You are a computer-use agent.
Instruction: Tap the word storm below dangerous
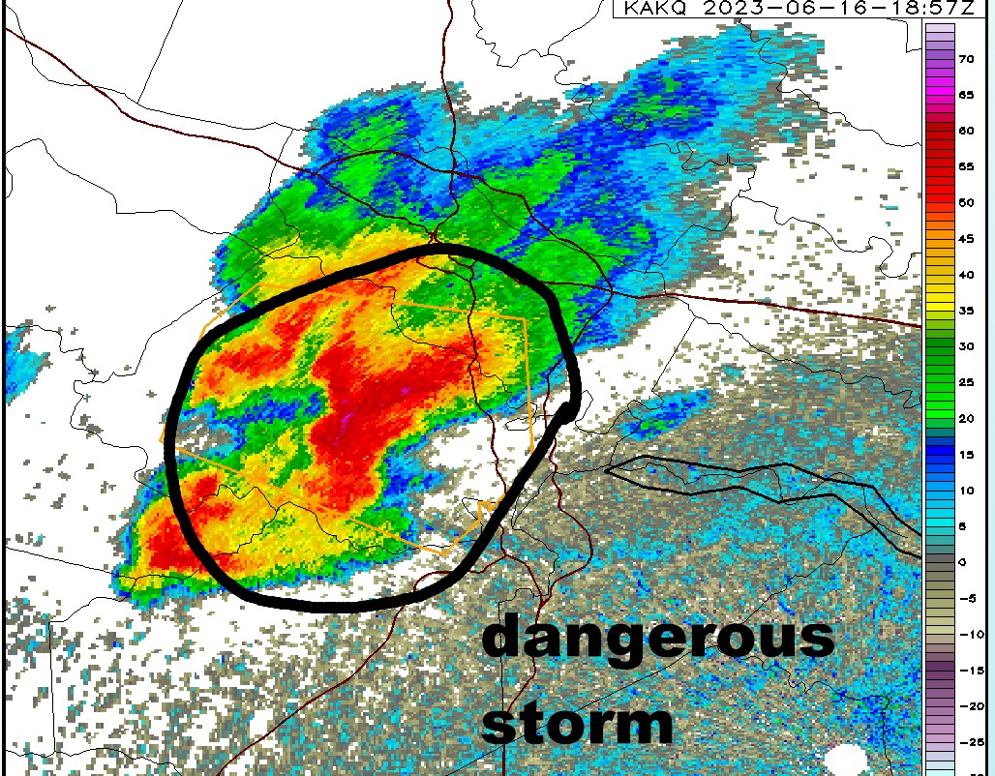point(577,721)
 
